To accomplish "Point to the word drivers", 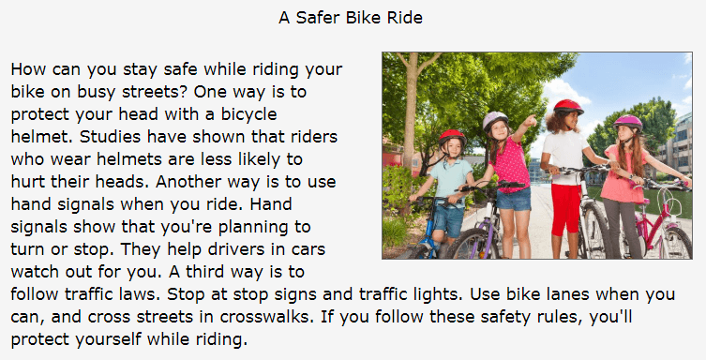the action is pos(260,249).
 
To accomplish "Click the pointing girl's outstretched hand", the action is pos(531,120).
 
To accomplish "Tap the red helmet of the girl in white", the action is pos(568,107).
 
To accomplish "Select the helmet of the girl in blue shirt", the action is pos(452,137).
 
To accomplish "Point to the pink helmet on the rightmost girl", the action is pos(627,122).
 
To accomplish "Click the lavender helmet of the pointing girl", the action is pos(495,119).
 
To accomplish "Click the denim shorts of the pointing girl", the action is pos(514,199).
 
